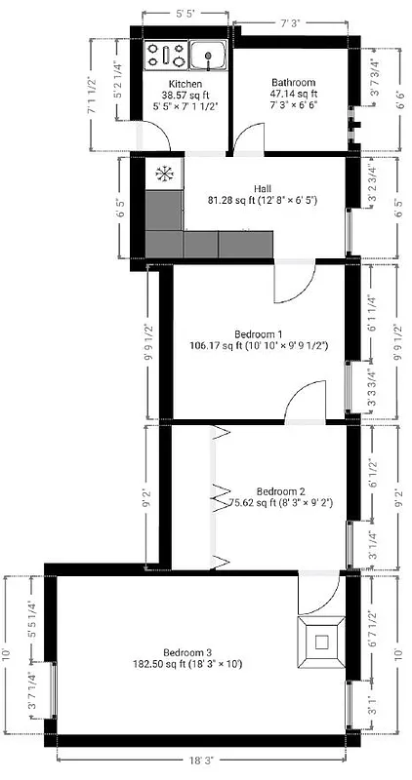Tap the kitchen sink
(208, 56)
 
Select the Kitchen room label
(185, 84)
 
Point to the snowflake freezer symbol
(164, 175)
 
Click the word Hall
(263, 188)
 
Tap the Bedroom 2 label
(281, 490)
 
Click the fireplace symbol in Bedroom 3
(320, 640)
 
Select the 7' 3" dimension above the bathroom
(289, 22)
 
